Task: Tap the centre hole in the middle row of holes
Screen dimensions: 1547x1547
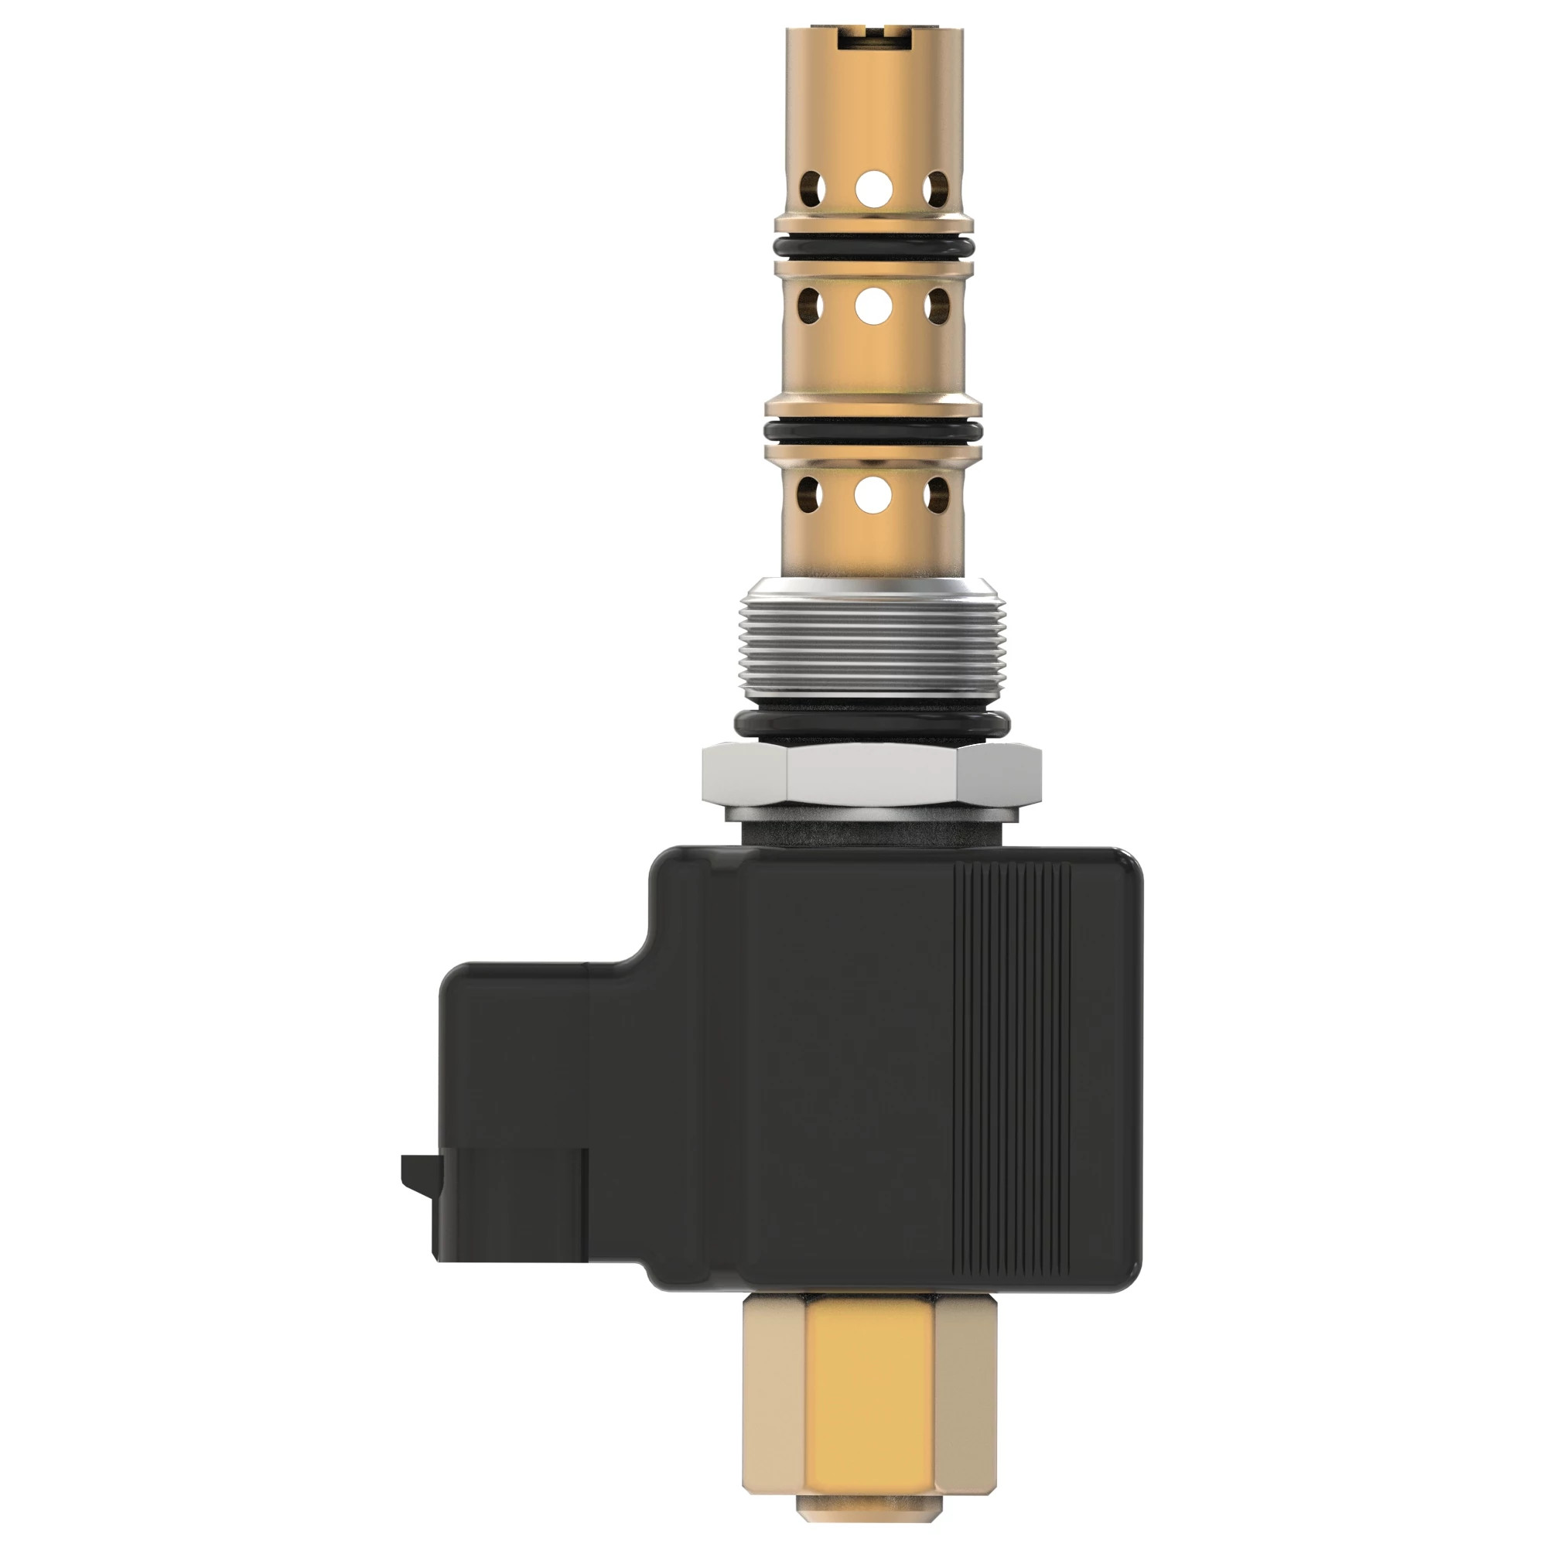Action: point(873,306)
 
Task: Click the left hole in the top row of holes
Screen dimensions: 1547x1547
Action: point(814,187)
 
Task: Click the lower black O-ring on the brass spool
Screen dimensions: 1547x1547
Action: point(873,432)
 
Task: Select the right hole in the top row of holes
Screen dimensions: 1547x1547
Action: point(934,187)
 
